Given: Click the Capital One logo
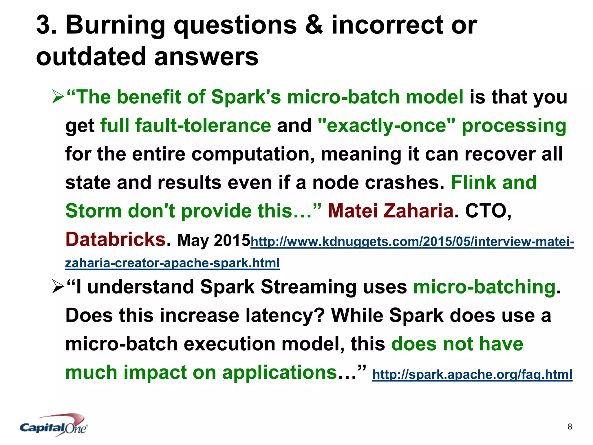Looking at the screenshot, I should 54,425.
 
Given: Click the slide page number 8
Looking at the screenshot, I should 570,426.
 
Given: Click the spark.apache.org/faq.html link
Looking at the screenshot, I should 472,374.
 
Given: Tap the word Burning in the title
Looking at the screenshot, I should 115,25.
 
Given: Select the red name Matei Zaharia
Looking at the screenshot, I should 390,211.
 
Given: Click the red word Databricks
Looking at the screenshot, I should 115,239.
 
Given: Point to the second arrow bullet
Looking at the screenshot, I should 58,287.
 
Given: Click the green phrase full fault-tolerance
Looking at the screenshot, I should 185,125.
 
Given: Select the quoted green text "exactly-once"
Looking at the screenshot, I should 386,125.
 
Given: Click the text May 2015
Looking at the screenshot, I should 214,240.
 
